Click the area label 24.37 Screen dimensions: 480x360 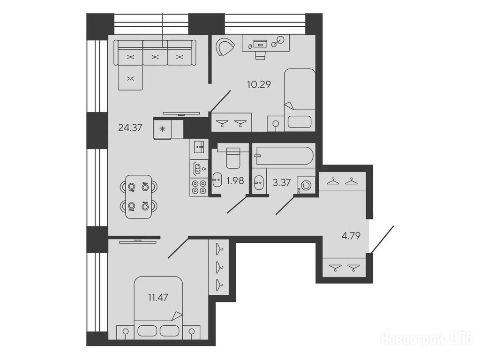[x=130, y=127]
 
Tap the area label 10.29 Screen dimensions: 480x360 [x=259, y=84]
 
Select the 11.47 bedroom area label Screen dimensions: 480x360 [x=158, y=297]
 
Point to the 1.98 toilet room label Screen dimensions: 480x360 [x=235, y=180]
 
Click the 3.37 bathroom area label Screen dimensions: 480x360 [x=281, y=182]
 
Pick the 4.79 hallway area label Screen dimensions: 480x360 [x=351, y=236]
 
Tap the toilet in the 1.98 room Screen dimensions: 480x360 [x=233, y=157]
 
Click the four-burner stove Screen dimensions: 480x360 [x=199, y=187]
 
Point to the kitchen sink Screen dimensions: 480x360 [x=199, y=147]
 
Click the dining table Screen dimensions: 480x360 [x=139, y=196]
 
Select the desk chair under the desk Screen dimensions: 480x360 [x=260, y=55]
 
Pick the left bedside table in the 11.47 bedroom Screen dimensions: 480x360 [x=126, y=332]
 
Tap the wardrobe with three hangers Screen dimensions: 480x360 [x=218, y=267]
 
